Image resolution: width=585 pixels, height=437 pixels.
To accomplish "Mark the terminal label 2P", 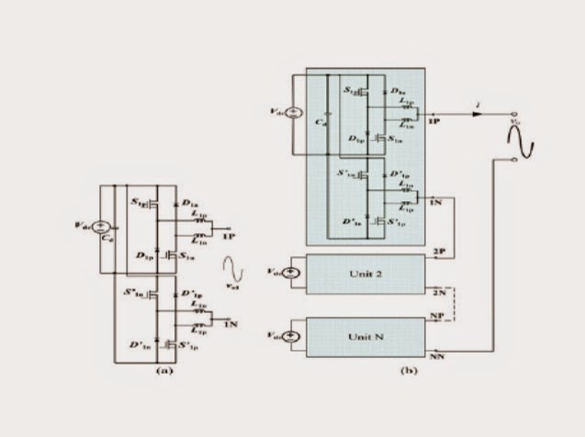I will [x=437, y=250].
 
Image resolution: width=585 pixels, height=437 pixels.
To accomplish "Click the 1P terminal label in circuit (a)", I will [x=228, y=235].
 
